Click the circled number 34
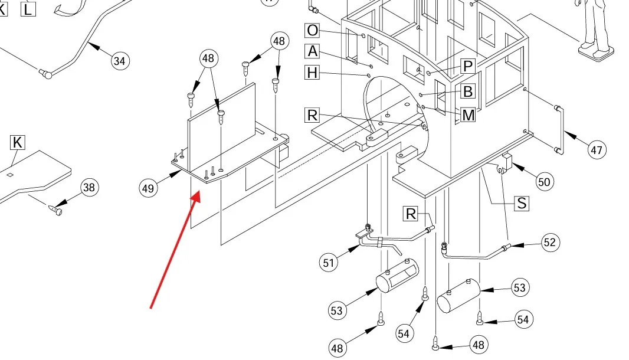(x=120, y=61)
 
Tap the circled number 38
(x=89, y=188)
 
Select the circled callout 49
(x=148, y=188)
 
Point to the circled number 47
(x=597, y=150)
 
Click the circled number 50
(x=545, y=182)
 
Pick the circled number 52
(x=550, y=243)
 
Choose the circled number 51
(x=329, y=263)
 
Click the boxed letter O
(x=312, y=30)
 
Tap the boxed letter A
(x=312, y=51)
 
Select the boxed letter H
(x=312, y=73)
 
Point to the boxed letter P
(x=468, y=66)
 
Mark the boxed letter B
(x=468, y=91)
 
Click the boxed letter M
(x=468, y=115)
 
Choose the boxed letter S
(x=522, y=203)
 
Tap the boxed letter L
(x=28, y=9)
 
